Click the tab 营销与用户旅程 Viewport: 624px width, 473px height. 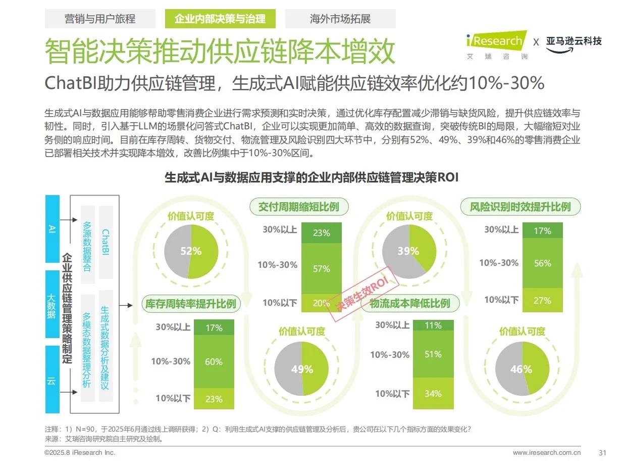pos(100,19)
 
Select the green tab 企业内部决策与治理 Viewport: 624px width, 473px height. pos(220,19)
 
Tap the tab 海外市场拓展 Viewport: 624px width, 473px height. pos(340,19)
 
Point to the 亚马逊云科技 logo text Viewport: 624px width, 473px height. pos(574,41)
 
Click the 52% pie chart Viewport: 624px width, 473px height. pos(191,251)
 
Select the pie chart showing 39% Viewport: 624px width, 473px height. pos(408,251)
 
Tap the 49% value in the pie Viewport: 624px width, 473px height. pos(302,369)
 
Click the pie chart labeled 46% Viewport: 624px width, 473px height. pos(522,369)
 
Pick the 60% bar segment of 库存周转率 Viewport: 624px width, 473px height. pos(214,362)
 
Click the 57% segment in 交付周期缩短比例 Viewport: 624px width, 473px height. pos(321,269)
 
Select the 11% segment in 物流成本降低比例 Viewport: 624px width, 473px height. pos(433,325)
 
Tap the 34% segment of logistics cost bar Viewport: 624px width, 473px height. pos(433,394)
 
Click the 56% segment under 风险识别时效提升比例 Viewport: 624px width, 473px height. pos(542,263)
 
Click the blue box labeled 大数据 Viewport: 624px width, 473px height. pos(52,304)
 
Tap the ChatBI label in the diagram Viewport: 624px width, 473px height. pos(106,242)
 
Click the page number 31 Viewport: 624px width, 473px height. pos(602,452)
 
